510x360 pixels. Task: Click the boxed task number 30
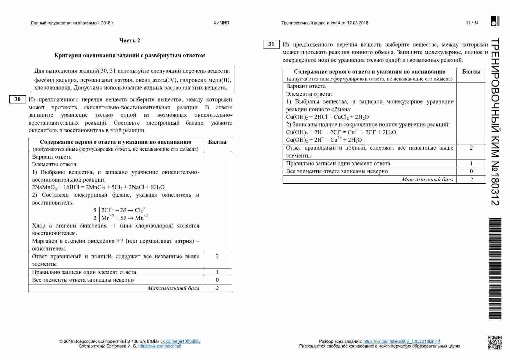pyautogui.click(x=17, y=99)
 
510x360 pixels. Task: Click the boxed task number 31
pyautogui.click(x=271, y=44)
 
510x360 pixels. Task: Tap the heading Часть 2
pyautogui.click(x=130, y=41)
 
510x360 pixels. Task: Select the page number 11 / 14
pyautogui.click(x=472, y=23)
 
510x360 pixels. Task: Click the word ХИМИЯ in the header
pyautogui.click(x=221, y=23)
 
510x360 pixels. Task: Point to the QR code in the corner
pyautogui.click(x=495, y=343)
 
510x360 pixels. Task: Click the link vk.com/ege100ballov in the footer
pyautogui.click(x=180, y=341)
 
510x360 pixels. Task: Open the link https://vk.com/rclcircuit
pyautogui.click(x=160, y=346)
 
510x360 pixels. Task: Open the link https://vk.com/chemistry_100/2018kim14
pyautogui.click(x=402, y=341)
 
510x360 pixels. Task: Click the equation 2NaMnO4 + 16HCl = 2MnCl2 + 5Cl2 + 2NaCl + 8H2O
pyautogui.click(x=98, y=187)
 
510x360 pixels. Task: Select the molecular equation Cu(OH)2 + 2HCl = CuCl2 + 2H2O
pyautogui.click(x=327, y=117)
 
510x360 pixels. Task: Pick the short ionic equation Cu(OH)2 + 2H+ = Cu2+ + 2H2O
pyautogui.click(x=324, y=140)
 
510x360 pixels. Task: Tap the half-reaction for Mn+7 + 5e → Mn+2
pyautogui.click(x=124, y=218)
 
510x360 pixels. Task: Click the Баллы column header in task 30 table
pyautogui.click(x=217, y=142)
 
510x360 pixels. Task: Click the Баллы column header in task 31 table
pyautogui.click(x=471, y=72)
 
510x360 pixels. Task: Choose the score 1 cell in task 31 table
pyautogui.click(x=471, y=164)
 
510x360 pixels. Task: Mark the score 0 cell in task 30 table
pyautogui.click(x=217, y=280)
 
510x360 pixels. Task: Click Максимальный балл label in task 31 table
pyautogui.click(x=427, y=180)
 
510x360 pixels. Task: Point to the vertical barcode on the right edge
pyautogui.click(x=495, y=269)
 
